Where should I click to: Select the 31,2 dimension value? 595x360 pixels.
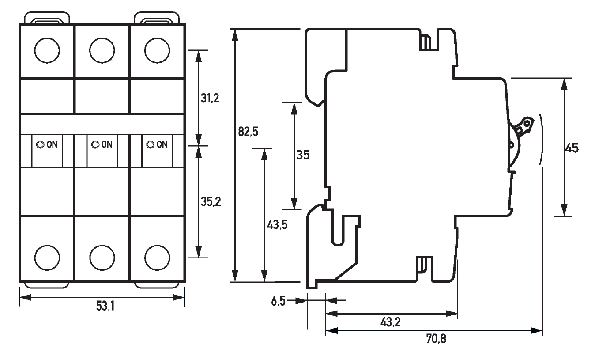pos(210,98)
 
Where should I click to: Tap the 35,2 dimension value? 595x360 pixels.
pos(211,202)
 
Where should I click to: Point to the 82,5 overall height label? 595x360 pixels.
pos(248,132)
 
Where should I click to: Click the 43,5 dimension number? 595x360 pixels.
pos(277,224)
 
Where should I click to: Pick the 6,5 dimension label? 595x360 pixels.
pos(278,301)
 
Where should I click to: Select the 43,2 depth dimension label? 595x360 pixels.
pos(390,323)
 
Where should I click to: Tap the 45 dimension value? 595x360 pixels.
pos(572,148)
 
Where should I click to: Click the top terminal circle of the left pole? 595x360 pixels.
pos(47,51)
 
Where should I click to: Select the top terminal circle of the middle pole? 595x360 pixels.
pos(102,51)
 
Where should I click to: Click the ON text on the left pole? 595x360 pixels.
pos(52,144)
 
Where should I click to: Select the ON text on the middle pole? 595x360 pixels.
pos(107,144)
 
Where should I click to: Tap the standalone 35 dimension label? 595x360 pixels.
pos(303,155)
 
